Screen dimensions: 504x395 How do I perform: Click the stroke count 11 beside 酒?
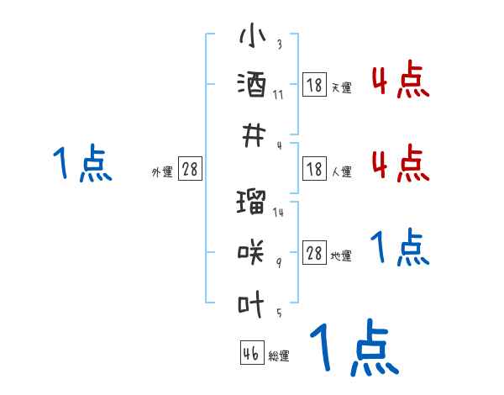278,94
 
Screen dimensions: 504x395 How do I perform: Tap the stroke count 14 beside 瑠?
278,213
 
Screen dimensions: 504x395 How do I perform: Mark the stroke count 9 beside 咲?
278,262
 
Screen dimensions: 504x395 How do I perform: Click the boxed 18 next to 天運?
314,85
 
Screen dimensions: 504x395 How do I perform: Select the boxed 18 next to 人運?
314,170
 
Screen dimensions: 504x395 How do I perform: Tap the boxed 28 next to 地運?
314,253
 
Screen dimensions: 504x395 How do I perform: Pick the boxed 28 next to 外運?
190,170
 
